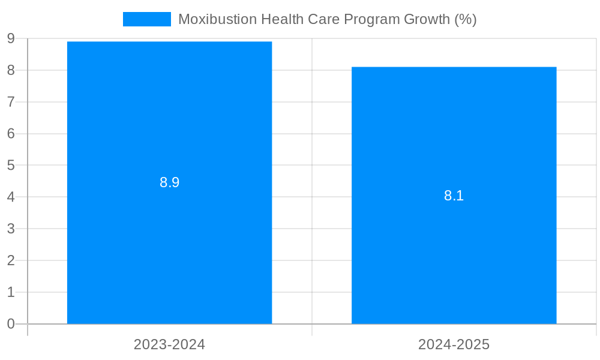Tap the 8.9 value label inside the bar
169,182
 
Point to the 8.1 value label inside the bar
454,196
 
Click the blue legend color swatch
146,19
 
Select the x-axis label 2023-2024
169,344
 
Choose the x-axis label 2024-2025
454,344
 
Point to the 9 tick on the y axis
11,39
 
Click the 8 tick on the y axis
11,70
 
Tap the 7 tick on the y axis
11,102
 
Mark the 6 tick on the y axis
11,134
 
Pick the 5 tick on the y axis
11,165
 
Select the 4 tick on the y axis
11,197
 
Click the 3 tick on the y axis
11,229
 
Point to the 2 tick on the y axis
11,260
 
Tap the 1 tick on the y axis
11,292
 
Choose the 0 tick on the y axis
11,324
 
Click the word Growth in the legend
427,19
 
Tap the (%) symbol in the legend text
466,19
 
